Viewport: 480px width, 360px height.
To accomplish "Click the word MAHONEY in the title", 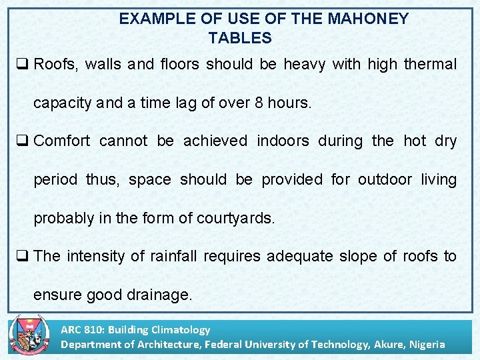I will point(368,19).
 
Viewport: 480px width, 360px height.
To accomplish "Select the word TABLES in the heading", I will point(240,38).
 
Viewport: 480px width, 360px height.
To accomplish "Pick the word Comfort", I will point(61,141).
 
